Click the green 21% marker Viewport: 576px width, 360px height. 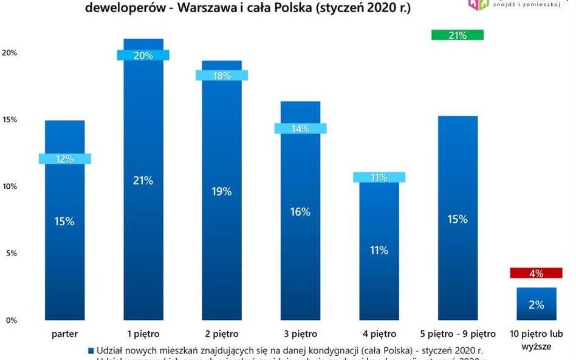pyautogui.click(x=458, y=35)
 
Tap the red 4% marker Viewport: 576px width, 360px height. pyautogui.click(x=536, y=273)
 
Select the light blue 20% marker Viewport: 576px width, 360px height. pyautogui.click(x=143, y=55)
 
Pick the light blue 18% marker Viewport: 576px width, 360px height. pyautogui.click(x=221, y=76)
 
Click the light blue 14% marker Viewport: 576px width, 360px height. pyautogui.click(x=300, y=129)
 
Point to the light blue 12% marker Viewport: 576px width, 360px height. pyautogui.click(x=64, y=158)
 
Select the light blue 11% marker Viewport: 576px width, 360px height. pyautogui.click(x=379, y=177)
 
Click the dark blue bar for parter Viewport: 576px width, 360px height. pyautogui.click(x=64, y=255)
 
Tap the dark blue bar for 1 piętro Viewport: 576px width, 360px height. pyautogui.click(x=143, y=243)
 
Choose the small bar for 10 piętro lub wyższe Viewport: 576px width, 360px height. pyautogui.click(x=536, y=304)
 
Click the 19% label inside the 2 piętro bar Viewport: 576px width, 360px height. pyautogui.click(x=221, y=191)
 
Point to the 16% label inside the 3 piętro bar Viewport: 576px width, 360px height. pyautogui.click(x=300, y=212)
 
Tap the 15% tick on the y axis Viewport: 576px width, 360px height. pyautogui.click(x=10, y=120)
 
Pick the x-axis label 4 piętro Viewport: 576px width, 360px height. pyautogui.click(x=379, y=334)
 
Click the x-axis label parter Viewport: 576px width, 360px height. pyautogui.click(x=64, y=334)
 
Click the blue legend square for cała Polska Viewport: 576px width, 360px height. pyautogui.click(x=91, y=351)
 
